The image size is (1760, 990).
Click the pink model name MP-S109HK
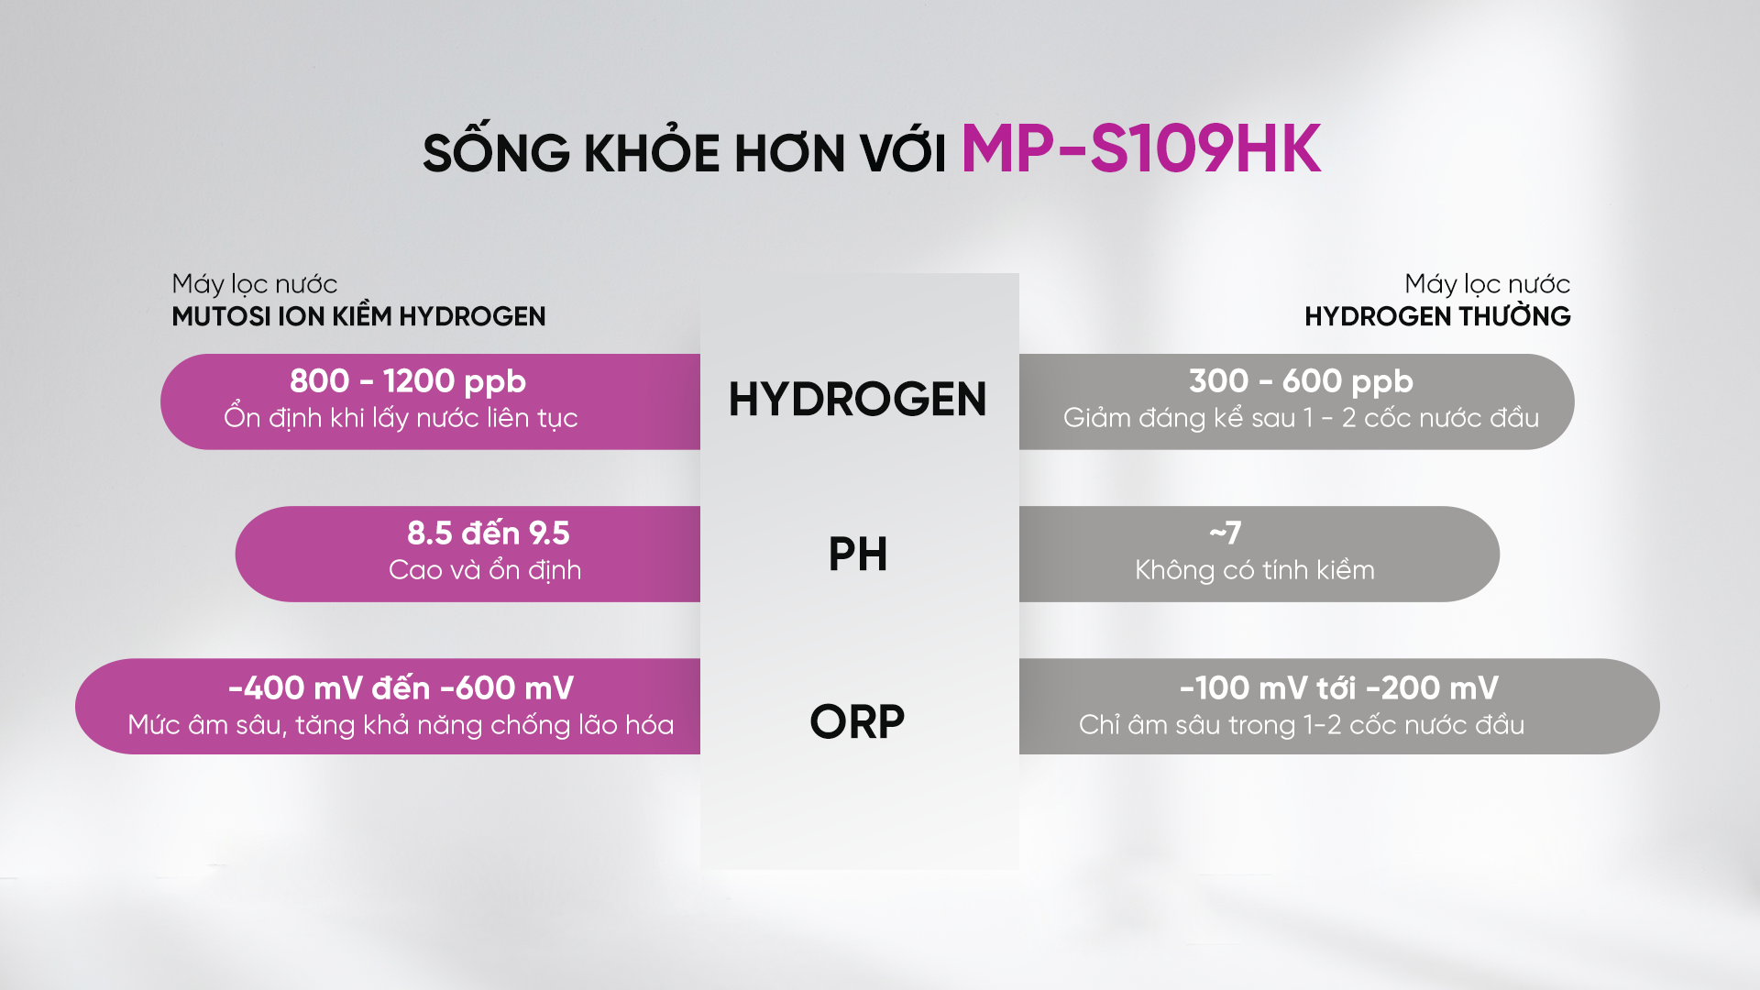pyautogui.click(x=1140, y=149)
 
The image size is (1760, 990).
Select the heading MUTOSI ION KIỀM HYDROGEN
pyautogui.click(x=358, y=315)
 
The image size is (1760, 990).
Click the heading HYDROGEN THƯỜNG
pyautogui.click(x=1437, y=315)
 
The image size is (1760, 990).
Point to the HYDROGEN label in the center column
pyautogui.click(x=857, y=400)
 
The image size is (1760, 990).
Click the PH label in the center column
pyautogui.click(x=858, y=554)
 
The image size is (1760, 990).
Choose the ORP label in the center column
pyautogui.click(x=857, y=721)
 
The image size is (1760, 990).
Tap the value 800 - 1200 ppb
pyautogui.click(x=408, y=381)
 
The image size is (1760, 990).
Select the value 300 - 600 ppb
pyautogui.click(x=1301, y=381)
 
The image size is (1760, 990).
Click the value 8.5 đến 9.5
pyautogui.click(x=489, y=533)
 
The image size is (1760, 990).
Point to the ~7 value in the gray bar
pyautogui.click(x=1226, y=533)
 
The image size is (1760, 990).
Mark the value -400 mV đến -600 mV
pyautogui.click(x=401, y=687)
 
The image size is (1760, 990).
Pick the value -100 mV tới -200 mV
pyautogui.click(x=1339, y=687)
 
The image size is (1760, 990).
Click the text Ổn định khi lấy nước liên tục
pyautogui.click(x=401, y=418)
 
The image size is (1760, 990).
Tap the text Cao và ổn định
pyautogui.click(x=485, y=569)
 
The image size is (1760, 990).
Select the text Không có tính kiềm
pyautogui.click(x=1255, y=569)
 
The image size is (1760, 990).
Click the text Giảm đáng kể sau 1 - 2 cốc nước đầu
pyautogui.click(x=1301, y=418)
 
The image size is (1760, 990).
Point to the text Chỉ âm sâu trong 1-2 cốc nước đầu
pyautogui.click(x=1302, y=724)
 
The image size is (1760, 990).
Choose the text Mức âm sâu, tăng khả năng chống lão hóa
pyautogui.click(x=401, y=724)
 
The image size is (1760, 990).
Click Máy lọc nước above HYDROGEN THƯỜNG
pyautogui.click(x=1487, y=284)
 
